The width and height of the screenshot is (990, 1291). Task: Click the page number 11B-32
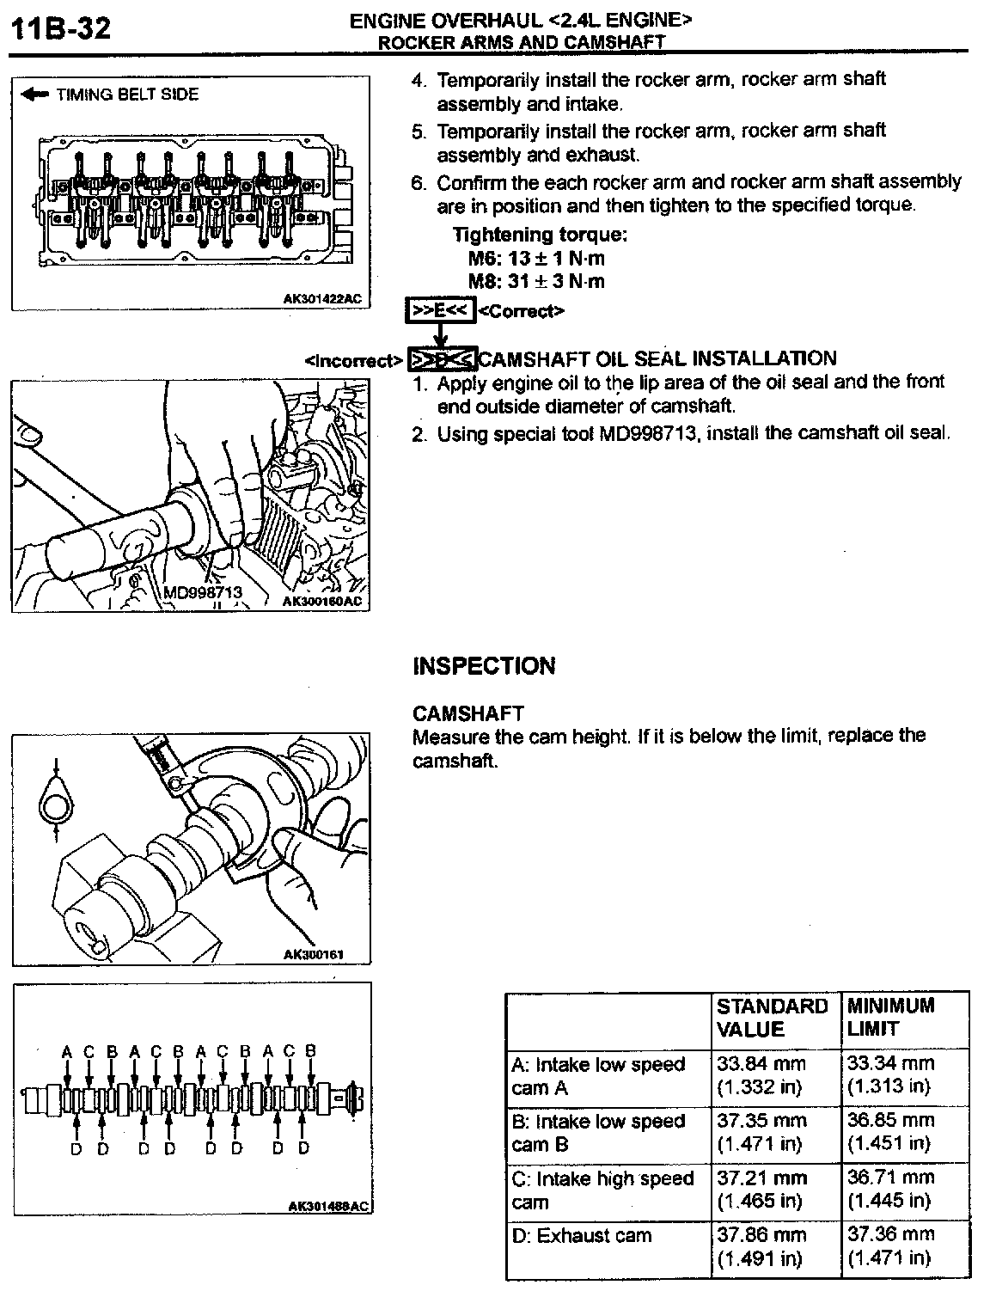tap(60, 28)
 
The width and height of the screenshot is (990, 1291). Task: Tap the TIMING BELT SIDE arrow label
tap(112, 95)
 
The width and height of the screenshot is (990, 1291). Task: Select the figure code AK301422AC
tap(323, 299)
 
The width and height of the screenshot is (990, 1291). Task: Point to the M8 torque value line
tap(536, 281)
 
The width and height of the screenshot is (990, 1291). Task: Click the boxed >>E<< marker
tap(440, 310)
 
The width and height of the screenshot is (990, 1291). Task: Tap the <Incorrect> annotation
tap(353, 361)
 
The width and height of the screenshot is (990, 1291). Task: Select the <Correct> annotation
tap(521, 310)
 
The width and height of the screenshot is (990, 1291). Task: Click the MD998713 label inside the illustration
tap(203, 592)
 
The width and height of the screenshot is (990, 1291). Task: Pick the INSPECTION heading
tap(484, 666)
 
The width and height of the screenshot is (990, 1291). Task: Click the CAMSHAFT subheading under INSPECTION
tap(468, 713)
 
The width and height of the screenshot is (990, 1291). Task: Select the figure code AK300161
tap(313, 954)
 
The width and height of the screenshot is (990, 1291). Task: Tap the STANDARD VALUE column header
tap(772, 1018)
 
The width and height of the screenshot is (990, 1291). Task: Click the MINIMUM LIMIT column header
tap(890, 1017)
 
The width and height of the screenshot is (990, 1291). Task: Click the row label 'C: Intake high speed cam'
tap(602, 1190)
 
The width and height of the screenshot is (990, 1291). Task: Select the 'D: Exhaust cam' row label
tap(582, 1236)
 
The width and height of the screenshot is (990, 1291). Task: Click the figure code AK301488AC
tap(327, 1207)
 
